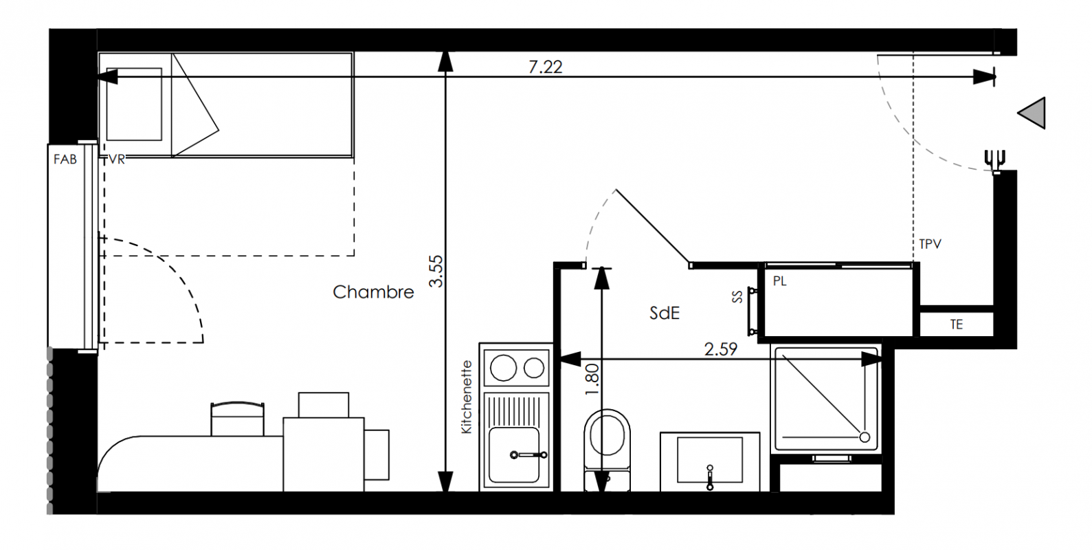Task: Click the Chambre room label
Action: (373, 292)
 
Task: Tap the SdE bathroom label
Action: (665, 313)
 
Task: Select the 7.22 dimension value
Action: (546, 67)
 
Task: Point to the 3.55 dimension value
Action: (436, 271)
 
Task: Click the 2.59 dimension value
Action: (720, 349)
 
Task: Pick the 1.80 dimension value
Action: (591, 380)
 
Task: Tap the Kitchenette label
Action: (467, 397)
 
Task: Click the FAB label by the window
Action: (65, 159)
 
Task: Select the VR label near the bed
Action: (116, 159)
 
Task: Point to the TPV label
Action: (930, 244)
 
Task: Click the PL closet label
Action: (779, 281)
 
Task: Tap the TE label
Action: (957, 324)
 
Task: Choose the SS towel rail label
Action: (737, 296)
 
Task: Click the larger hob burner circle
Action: (503, 368)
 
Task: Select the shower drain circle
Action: (865, 437)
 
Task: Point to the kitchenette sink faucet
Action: (528, 455)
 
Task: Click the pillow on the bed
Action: (134, 104)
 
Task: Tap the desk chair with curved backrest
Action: (237, 419)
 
